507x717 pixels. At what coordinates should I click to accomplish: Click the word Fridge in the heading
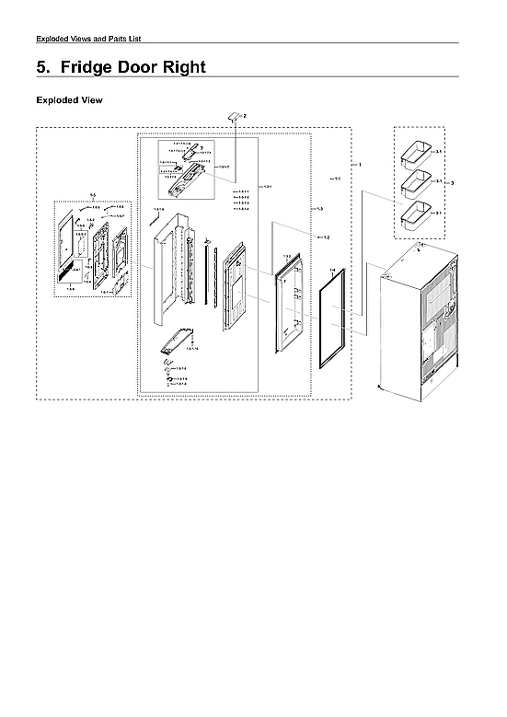click(95, 67)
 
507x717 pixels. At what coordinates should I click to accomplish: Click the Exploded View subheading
click(69, 99)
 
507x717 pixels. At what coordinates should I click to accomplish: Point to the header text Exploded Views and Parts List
click(87, 38)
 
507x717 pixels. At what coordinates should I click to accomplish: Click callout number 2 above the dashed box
click(245, 116)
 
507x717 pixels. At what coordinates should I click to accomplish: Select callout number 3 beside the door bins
click(452, 183)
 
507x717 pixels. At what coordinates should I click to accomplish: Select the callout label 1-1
click(338, 179)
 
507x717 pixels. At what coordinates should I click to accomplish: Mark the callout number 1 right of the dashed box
click(360, 164)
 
